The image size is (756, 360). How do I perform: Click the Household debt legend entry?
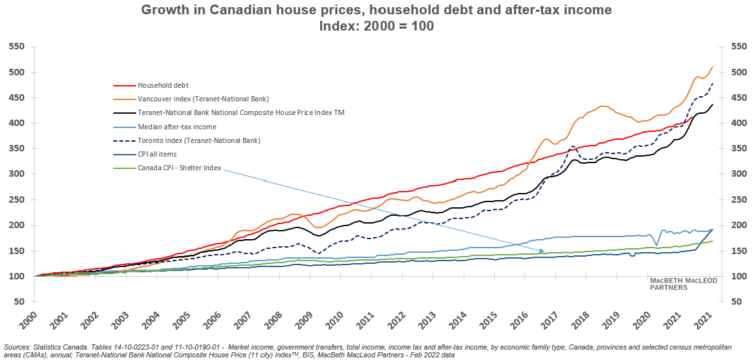pos(160,85)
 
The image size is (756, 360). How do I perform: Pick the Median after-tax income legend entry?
pos(177,127)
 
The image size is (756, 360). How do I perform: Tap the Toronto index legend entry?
pos(199,140)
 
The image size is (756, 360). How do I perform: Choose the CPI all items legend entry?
pos(158,154)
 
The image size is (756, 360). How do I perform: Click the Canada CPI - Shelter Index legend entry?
pos(180,168)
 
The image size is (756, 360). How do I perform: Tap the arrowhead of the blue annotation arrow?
pos(544,251)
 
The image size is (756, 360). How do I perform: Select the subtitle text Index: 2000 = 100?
pos(377,26)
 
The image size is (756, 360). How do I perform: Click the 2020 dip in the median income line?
pos(657,245)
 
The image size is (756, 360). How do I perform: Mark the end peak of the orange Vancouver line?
pos(712,67)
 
